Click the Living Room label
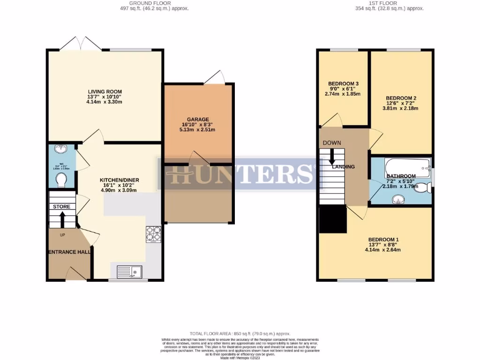click(x=105, y=91)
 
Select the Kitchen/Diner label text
click(x=119, y=180)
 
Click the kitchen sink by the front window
click(x=129, y=271)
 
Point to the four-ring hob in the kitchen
click(x=154, y=233)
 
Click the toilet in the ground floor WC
click(x=60, y=180)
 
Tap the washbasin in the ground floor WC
click(x=60, y=150)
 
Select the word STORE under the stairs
click(x=61, y=207)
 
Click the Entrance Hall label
click(x=69, y=252)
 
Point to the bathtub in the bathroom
click(x=406, y=166)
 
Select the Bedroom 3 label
click(x=343, y=85)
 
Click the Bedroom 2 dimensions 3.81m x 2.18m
click(x=400, y=108)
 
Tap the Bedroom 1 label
click(x=383, y=239)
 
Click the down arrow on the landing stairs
click(x=332, y=156)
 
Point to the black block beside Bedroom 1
click(x=332, y=220)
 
